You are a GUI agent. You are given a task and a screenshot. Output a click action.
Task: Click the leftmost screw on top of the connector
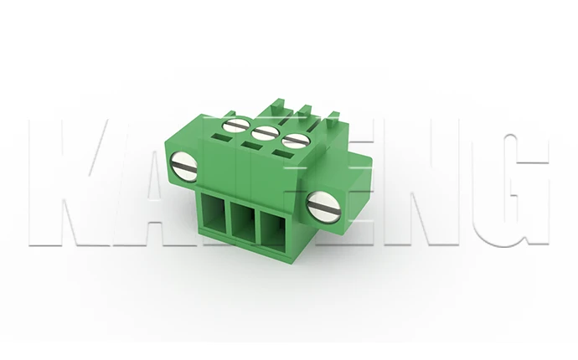238,126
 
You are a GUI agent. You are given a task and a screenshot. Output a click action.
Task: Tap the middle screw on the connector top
266,132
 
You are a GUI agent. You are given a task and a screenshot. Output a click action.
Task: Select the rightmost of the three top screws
294,141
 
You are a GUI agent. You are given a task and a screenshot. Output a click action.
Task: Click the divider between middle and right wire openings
259,225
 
